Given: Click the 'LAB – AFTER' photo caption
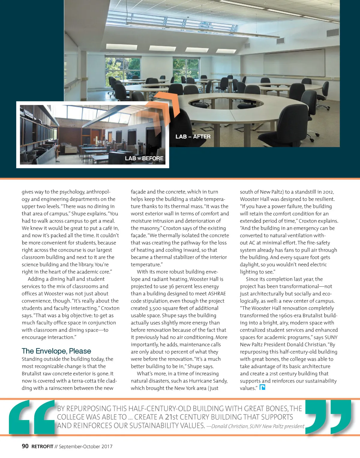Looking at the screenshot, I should pos(193,137).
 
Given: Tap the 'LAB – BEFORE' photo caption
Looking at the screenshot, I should pos(144,158).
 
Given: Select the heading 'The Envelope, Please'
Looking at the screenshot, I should pos(56,351).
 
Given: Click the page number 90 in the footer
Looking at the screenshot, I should pos(25,446).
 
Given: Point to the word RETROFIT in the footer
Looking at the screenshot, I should pos(42,447).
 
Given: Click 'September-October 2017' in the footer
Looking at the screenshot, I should pos(85,447).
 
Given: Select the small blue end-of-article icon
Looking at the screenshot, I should pos(262,388).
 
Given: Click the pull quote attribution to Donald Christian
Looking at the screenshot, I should pos(255,426).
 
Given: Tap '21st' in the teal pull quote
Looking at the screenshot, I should pos(172,417).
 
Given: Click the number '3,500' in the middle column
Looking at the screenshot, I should pos(155,308).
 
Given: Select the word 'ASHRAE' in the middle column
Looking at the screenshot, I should pos(217,294).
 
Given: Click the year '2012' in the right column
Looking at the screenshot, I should pos(327,192).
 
